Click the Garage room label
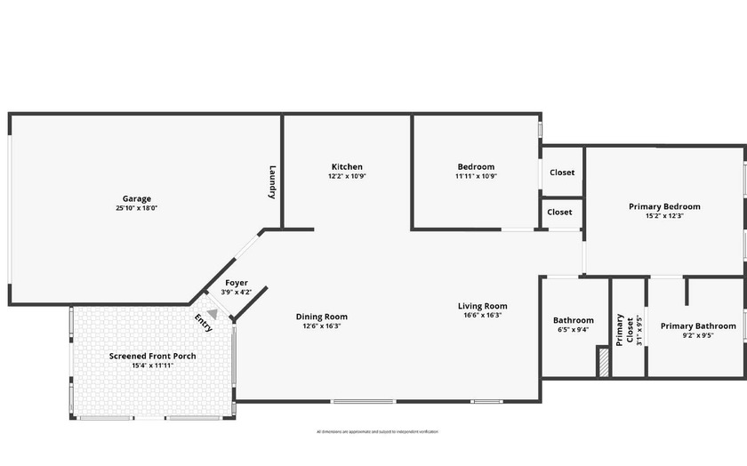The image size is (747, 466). pyautogui.click(x=137, y=198)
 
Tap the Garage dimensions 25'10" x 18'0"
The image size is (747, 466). pyautogui.click(x=137, y=208)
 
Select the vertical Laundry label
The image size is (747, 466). pyautogui.click(x=273, y=182)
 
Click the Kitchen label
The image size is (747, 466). pyautogui.click(x=347, y=167)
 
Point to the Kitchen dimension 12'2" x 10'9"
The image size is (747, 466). pyautogui.click(x=347, y=176)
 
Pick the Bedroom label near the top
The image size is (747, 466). pyautogui.click(x=476, y=167)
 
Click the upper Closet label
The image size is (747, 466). pyautogui.click(x=561, y=173)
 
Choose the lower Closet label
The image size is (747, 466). pyautogui.click(x=559, y=213)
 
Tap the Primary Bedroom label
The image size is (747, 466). pyautogui.click(x=664, y=206)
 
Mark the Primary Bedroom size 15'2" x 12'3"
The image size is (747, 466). pyautogui.click(x=664, y=216)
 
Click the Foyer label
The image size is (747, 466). pyautogui.click(x=237, y=283)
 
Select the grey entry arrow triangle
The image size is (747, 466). pyautogui.click(x=213, y=314)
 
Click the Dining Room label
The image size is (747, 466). pyautogui.click(x=322, y=317)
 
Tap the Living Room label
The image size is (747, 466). pyautogui.click(x=483, y=307)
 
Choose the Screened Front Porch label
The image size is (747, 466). pyautogui.click(x=153, y=356)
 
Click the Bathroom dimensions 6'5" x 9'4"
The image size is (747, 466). pyautogui.click(x=574, y=330)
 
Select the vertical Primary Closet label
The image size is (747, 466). pyautogui.click(x=625, y=328)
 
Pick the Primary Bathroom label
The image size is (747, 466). pyautogui.click(x=698, y=326)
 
